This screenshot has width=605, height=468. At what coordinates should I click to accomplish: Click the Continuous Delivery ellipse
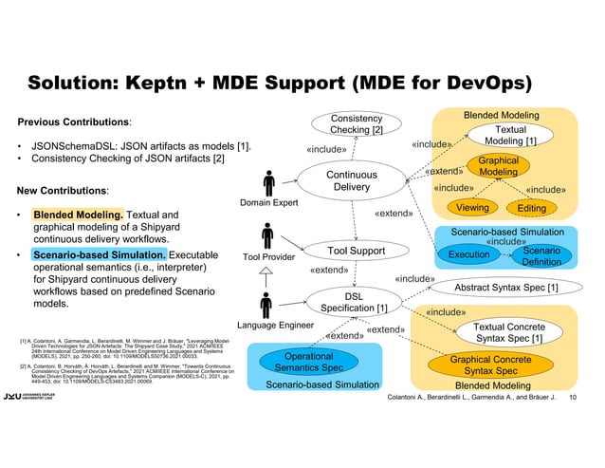[352, 180]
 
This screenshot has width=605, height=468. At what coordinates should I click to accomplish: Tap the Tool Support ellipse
[356, 251]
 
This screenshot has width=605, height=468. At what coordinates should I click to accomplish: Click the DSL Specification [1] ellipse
[354, 302]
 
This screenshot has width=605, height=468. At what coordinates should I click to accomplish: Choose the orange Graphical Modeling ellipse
[498, 166]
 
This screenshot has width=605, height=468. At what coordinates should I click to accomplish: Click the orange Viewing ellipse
[472, 208]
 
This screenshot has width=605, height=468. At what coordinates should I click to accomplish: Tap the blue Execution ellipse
[468, 254]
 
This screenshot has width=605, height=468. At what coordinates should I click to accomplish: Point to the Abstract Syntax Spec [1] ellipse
[505, 288]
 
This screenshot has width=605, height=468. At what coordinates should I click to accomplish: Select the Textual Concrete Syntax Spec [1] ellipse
[508, 332]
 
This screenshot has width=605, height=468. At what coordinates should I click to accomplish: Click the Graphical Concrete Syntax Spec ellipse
[504, 365]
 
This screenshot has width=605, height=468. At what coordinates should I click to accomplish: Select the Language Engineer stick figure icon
[270, 307]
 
